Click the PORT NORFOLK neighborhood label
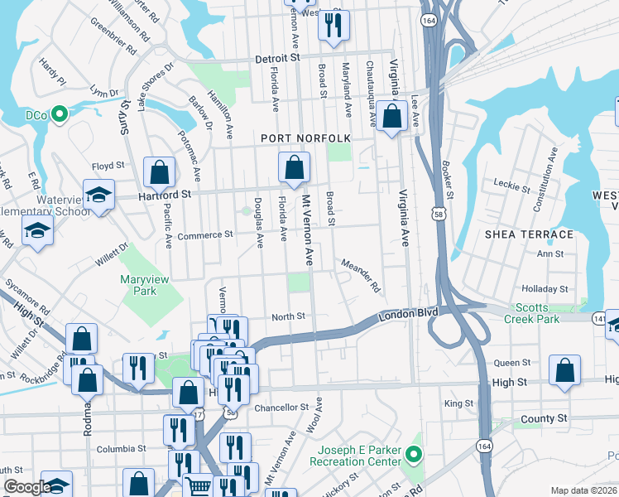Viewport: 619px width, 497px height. click(305, 138)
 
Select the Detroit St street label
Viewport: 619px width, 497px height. click(276, 60)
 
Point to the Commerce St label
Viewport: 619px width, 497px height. click(204, 235)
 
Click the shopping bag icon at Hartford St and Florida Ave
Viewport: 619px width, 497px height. click(294, 168)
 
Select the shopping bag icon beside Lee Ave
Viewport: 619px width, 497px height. click(392, 118)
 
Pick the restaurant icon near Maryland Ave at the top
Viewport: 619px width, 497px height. click(333, 25)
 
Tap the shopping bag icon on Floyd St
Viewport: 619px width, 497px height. click(160, 172)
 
